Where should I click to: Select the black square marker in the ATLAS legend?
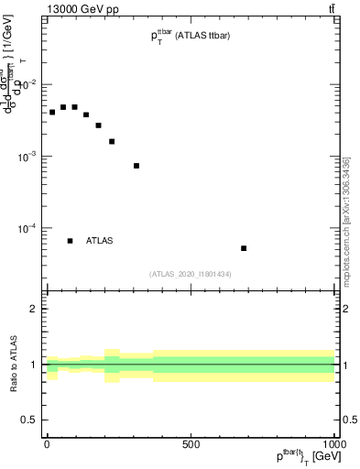70,241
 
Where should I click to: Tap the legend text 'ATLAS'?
100,241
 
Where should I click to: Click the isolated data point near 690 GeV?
244,248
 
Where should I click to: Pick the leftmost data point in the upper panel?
52,112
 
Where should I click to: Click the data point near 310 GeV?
136,166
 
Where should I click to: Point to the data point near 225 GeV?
112,141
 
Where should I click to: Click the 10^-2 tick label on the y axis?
29,85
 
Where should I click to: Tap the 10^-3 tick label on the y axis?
29,157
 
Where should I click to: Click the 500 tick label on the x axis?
190,443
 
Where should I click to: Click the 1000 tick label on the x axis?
333,443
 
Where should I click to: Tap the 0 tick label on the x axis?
47,443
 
